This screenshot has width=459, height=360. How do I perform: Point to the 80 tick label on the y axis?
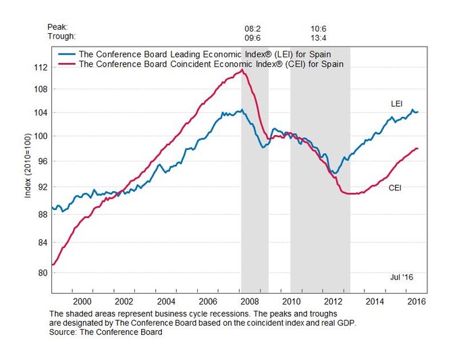[x=40, y=272]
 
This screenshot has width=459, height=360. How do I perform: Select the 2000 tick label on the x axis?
[x=82, y=301]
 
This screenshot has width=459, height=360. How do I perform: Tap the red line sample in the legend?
[x=67, y=64]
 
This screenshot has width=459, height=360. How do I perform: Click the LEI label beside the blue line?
[x=398, y=104]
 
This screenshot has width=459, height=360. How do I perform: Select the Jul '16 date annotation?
[x=401, y=277]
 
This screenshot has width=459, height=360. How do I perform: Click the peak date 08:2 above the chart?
[x=253, y=28]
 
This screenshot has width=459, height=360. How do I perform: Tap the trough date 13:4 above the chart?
[x=319, y=37]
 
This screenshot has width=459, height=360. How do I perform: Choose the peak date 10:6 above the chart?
[x=319, y=28]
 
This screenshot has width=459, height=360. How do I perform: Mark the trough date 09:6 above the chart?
[x=253, y=37]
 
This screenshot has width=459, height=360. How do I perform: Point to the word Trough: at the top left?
[x=61, y=36]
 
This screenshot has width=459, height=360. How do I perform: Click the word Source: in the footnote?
[x=65, y=332]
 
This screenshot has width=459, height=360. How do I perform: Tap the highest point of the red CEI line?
[x=242, y=70]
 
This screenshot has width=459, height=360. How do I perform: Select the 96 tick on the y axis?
[x=40, y=161]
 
